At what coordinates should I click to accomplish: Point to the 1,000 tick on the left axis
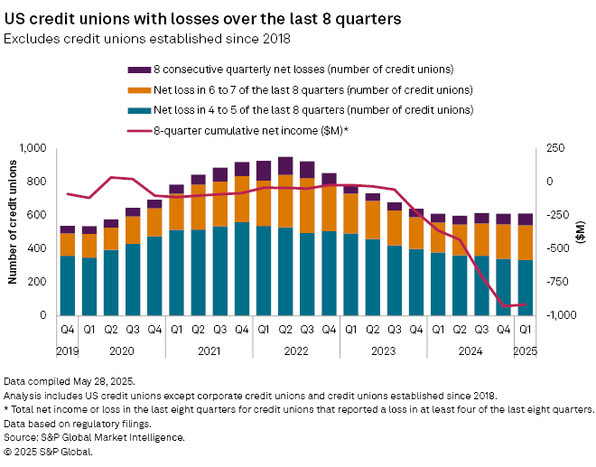(33, 148)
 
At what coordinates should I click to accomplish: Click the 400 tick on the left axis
(38, 248)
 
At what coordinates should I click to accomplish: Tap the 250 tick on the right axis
(553, 148)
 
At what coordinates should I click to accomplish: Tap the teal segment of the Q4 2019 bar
(67, 285)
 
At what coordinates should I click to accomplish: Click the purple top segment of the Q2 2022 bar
(285, 164)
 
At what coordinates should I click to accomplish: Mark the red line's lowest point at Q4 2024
(504, 306)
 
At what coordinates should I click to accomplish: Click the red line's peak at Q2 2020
(110, 177)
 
